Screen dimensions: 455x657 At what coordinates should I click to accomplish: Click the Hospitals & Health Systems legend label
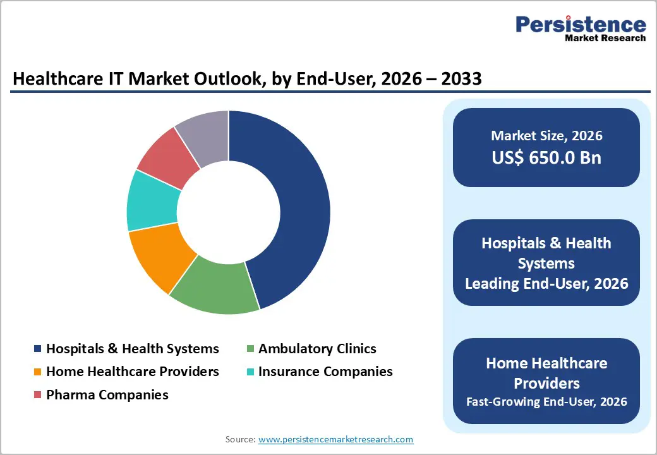coord(133,349)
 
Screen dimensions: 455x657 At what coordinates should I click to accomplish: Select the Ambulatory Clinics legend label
coord(317,349)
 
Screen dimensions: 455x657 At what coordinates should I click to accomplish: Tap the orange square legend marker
coord(38,372)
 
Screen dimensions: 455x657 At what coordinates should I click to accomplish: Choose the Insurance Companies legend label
coord(325,372)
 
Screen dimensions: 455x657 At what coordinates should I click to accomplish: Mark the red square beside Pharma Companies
coord(38,396)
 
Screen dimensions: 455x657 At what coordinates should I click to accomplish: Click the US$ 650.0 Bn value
coord(546,157)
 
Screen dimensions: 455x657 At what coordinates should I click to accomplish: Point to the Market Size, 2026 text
coord(546,136)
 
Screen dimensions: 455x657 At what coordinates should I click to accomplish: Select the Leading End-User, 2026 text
coord(546,284)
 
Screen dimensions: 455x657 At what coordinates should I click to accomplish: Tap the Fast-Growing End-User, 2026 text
coord(546,401)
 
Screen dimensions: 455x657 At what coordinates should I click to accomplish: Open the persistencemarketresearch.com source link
coord(335,439)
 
